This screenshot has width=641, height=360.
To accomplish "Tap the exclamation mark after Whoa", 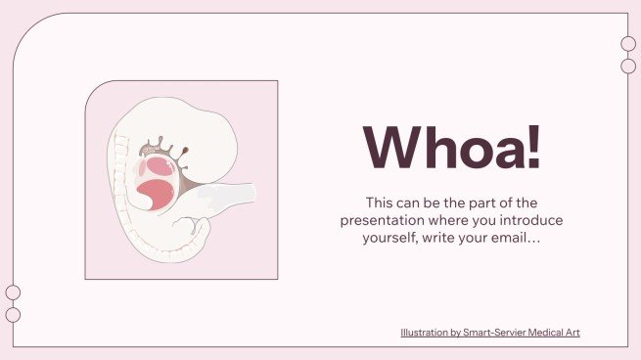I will (530, 147).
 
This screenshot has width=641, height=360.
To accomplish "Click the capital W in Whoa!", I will (386, 147).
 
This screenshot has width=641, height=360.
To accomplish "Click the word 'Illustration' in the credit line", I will (422, 333).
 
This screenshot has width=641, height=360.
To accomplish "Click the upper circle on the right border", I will (628, 44).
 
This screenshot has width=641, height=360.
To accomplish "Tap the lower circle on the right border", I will (628, 66).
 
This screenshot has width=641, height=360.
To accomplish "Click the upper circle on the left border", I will (13, 292).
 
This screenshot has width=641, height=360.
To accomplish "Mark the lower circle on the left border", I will (13, 314).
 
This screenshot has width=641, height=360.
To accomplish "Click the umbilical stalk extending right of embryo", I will (230, 200).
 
